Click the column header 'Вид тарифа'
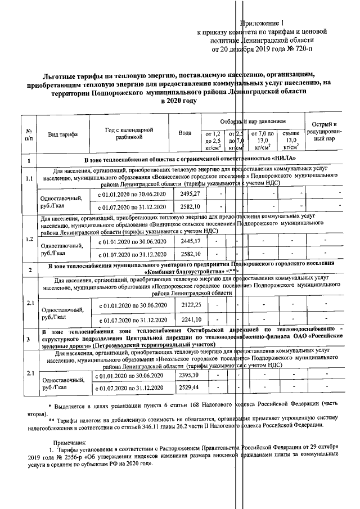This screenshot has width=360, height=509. (x=62, y=135)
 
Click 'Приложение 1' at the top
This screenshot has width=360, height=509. (x=264, y=23)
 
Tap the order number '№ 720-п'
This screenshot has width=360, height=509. (x=295, y=49)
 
